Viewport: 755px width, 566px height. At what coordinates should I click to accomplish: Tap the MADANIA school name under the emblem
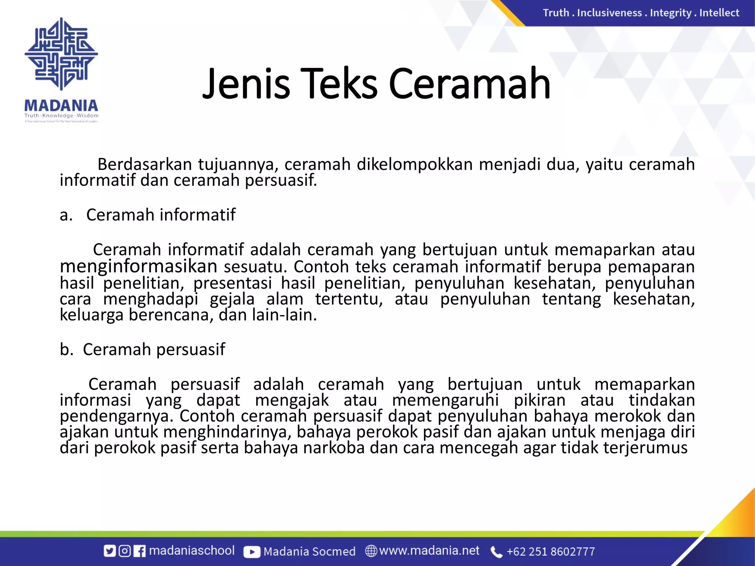point(61,106)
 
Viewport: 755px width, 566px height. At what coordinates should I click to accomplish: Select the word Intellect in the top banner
point(719,13)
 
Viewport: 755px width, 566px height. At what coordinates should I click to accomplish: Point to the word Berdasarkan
point(145,164)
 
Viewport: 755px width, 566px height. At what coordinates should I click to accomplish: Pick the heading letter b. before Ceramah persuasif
point(66,349)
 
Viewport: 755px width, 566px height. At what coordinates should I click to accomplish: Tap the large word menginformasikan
point(139,266)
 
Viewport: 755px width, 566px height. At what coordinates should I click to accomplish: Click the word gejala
point(232,299)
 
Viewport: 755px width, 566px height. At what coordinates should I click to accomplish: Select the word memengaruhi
point(445,400)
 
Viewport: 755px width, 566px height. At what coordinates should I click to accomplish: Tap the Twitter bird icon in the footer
point(109,551)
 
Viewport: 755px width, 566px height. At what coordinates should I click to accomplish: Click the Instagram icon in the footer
point(125,551)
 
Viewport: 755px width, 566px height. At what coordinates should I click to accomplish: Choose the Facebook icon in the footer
point(139,551)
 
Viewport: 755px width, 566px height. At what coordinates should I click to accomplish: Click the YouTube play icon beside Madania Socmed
point(252,552)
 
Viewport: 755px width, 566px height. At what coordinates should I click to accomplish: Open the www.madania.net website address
point(429,551)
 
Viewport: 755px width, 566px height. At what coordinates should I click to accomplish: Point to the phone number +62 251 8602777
point(550,552)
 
